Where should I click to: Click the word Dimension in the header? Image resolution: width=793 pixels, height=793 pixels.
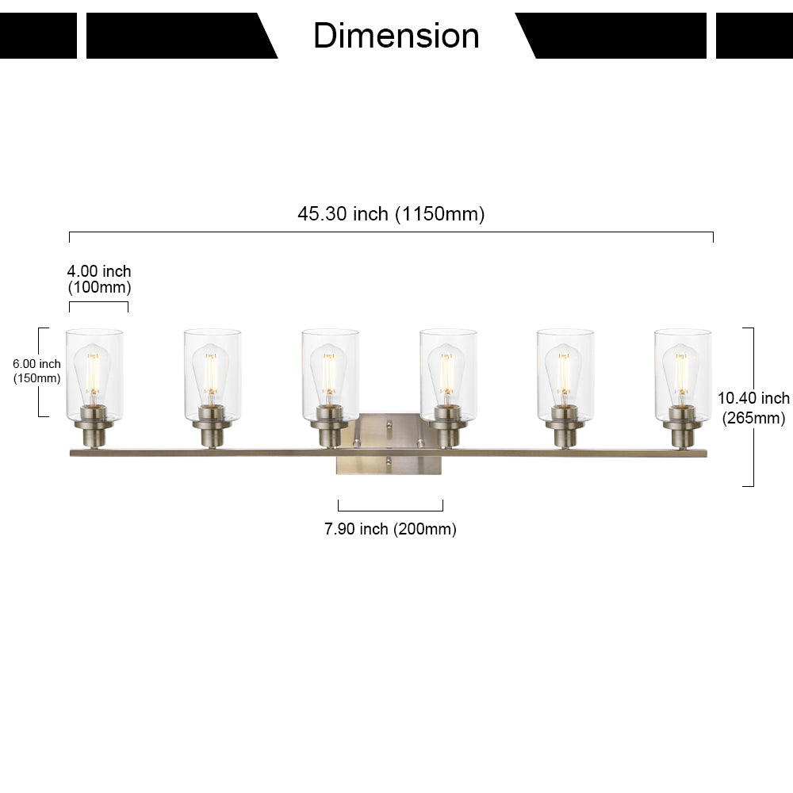tap(396, 36)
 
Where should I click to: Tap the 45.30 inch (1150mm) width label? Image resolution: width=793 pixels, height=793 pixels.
tap(391, 214)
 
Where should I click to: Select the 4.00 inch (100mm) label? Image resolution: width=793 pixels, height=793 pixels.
tap(99, 279)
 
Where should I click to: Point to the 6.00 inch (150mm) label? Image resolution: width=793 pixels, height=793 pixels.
tap(37, 370)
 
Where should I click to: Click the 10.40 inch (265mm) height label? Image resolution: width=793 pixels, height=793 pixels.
tap(753, 408)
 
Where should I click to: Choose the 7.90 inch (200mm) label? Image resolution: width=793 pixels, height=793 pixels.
tap(390, 529)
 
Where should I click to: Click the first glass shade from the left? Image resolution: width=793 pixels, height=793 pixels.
tap(94, 375)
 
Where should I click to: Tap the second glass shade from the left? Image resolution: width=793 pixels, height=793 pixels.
tap(213, 375)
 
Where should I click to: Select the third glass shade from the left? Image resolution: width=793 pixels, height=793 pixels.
tap(330, 375)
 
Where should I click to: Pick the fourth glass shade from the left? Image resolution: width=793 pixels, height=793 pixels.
tap(448, 375)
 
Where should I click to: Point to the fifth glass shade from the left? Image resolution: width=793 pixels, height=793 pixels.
tap(565, 375)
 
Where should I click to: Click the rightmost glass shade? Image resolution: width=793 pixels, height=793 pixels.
tap(683, 375)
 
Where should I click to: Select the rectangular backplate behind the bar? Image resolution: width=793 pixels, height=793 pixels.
tap(389, 443)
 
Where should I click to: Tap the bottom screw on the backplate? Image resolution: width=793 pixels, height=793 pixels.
tap(389, 461)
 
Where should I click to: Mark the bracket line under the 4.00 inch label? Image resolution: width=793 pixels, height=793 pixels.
tap(98, 302)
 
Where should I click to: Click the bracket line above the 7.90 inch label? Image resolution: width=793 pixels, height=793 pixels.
tap(390, 510)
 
